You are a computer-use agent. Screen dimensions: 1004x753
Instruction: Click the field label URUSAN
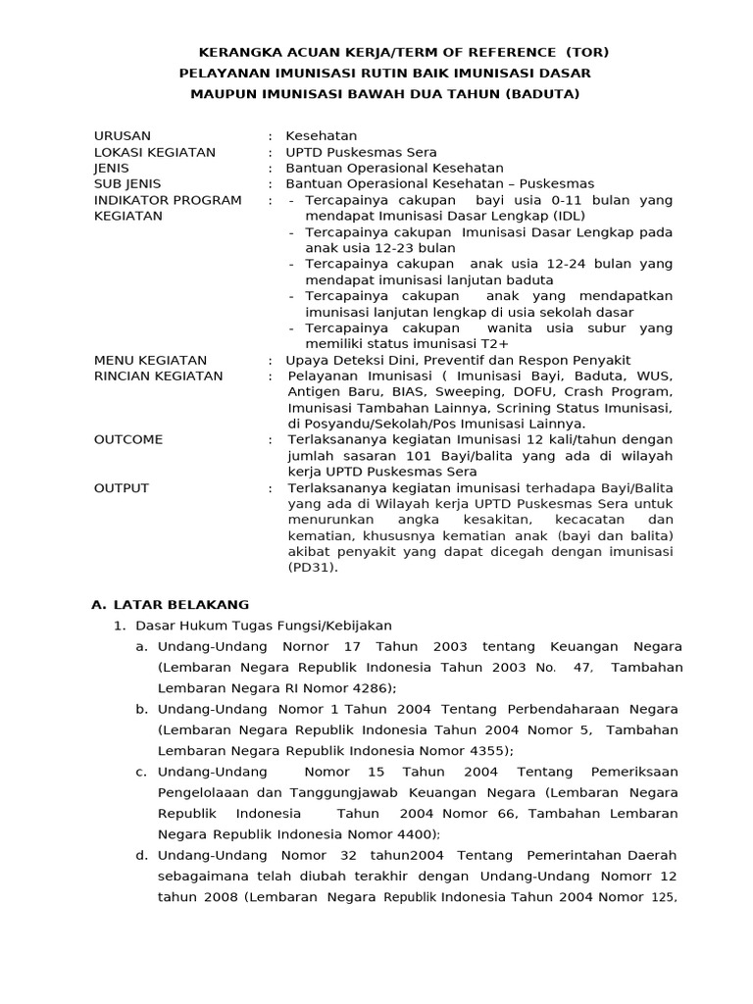pos(123,135)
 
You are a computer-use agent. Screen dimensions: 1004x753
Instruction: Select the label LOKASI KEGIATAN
pos(154,152)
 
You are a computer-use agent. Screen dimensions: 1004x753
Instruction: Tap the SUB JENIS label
pos(127,183)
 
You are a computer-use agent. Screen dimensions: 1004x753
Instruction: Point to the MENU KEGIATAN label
pos(150,360)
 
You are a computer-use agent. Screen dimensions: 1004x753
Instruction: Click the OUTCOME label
pos(128,439)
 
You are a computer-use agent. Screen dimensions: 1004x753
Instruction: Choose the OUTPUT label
pos(122,487)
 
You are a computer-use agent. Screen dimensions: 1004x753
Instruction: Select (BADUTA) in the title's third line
pos(541,93)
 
